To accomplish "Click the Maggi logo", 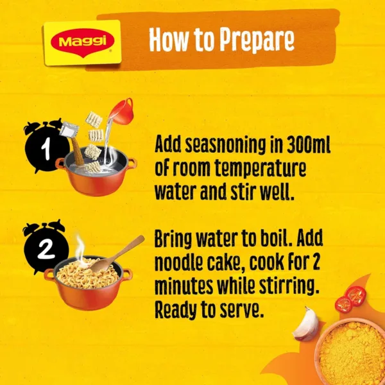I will tap(81, 42).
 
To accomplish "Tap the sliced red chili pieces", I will tap(349, 299).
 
